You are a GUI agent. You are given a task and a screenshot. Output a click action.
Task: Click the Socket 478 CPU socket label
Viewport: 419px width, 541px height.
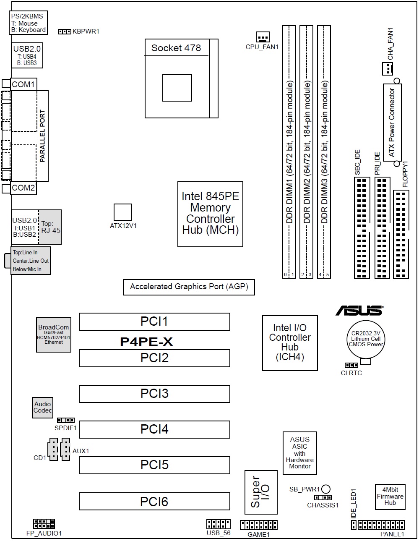176,48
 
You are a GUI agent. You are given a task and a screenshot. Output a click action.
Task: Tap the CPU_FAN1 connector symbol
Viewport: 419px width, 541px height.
263,37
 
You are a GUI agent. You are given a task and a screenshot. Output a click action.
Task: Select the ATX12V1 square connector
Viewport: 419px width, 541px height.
123,212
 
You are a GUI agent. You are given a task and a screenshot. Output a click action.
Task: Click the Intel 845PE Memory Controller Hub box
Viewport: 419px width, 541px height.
210,214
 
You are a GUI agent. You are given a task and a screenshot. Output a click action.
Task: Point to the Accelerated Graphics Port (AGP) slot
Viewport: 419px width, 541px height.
189,287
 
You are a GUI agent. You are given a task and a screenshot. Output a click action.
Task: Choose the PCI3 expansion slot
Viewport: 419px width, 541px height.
154,394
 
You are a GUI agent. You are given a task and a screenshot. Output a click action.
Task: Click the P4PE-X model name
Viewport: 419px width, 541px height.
146,342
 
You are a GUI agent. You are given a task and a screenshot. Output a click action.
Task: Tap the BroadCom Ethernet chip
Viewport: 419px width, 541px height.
54,335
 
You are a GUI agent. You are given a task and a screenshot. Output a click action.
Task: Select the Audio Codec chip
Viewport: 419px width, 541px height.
43,407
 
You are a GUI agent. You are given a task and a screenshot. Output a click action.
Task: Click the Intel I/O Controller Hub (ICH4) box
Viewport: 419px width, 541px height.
290,343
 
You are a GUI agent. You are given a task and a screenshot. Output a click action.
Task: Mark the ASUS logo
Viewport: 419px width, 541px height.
359,311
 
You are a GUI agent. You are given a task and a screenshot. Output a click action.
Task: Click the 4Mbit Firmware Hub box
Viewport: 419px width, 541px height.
390,497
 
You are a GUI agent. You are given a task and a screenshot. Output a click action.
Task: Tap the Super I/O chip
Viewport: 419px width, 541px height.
261,492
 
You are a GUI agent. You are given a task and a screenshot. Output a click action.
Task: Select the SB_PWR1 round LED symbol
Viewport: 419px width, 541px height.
326,489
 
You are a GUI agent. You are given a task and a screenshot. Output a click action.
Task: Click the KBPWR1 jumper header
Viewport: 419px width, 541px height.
64,31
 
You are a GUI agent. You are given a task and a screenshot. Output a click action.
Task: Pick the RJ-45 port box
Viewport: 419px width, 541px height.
50,227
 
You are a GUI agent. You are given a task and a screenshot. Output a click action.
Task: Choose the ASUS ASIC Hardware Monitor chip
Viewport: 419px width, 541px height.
300,453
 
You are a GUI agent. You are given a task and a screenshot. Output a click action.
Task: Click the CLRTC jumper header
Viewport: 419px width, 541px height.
351,366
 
